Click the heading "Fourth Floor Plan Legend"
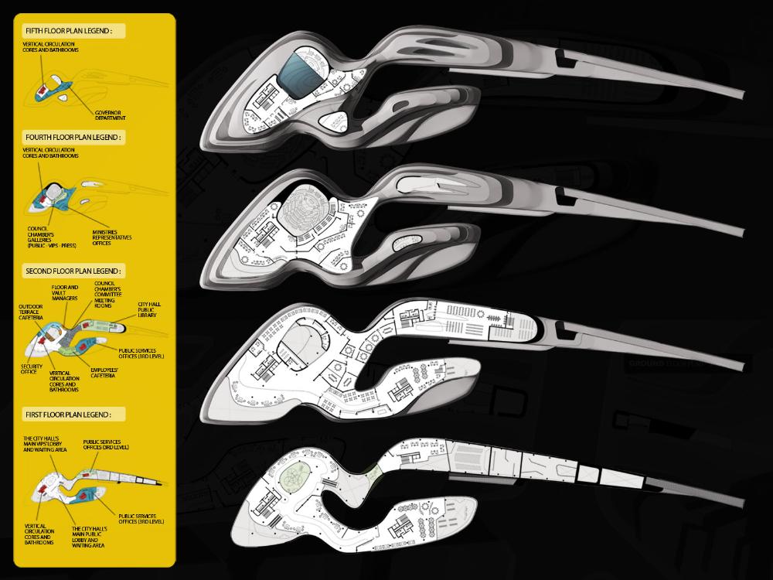[x=73, y=137]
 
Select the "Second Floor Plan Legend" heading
[x=73, y=271]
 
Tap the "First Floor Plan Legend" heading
[x=68, y=415]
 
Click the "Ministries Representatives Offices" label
[x=111, y=237]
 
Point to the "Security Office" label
[x=32, y=369]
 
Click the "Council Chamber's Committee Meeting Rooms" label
[x=107, y=295]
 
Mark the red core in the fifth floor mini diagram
[x=41, y=92]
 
